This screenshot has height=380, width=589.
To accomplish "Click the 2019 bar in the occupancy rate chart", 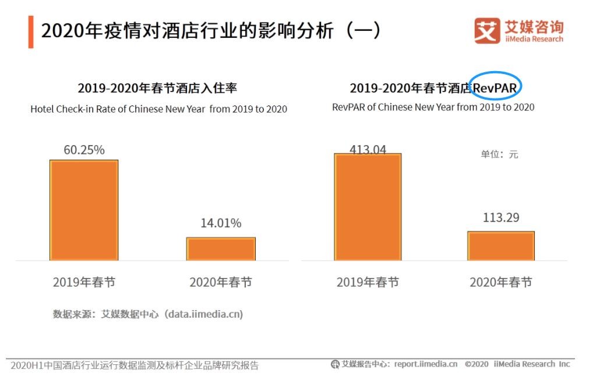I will point(84,210).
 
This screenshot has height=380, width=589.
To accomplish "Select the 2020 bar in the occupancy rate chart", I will point(221,249).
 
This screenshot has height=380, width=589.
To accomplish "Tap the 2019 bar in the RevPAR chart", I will point(368,207).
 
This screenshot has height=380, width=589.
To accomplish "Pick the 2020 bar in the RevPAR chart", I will point(501,246).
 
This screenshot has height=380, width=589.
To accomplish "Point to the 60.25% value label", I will point(84,150).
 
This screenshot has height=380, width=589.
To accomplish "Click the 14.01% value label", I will point(221,223).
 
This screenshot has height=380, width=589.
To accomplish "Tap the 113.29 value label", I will point(501,217).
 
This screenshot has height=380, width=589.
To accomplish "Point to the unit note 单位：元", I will point(499,154).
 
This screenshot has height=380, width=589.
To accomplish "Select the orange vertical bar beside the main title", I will point(31,32).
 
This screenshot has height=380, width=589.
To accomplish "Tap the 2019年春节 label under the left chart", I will point(84,282).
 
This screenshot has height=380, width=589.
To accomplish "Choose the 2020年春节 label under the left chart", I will point(221,282).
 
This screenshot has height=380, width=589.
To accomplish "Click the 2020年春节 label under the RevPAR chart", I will point(501,282).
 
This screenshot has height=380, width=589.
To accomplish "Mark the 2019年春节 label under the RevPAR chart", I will point(368,282).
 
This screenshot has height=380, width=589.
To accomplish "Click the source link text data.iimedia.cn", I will point(203,314).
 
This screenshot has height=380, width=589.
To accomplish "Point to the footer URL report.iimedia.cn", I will point(425,364).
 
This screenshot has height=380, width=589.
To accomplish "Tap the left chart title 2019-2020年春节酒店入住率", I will point(157,88).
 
